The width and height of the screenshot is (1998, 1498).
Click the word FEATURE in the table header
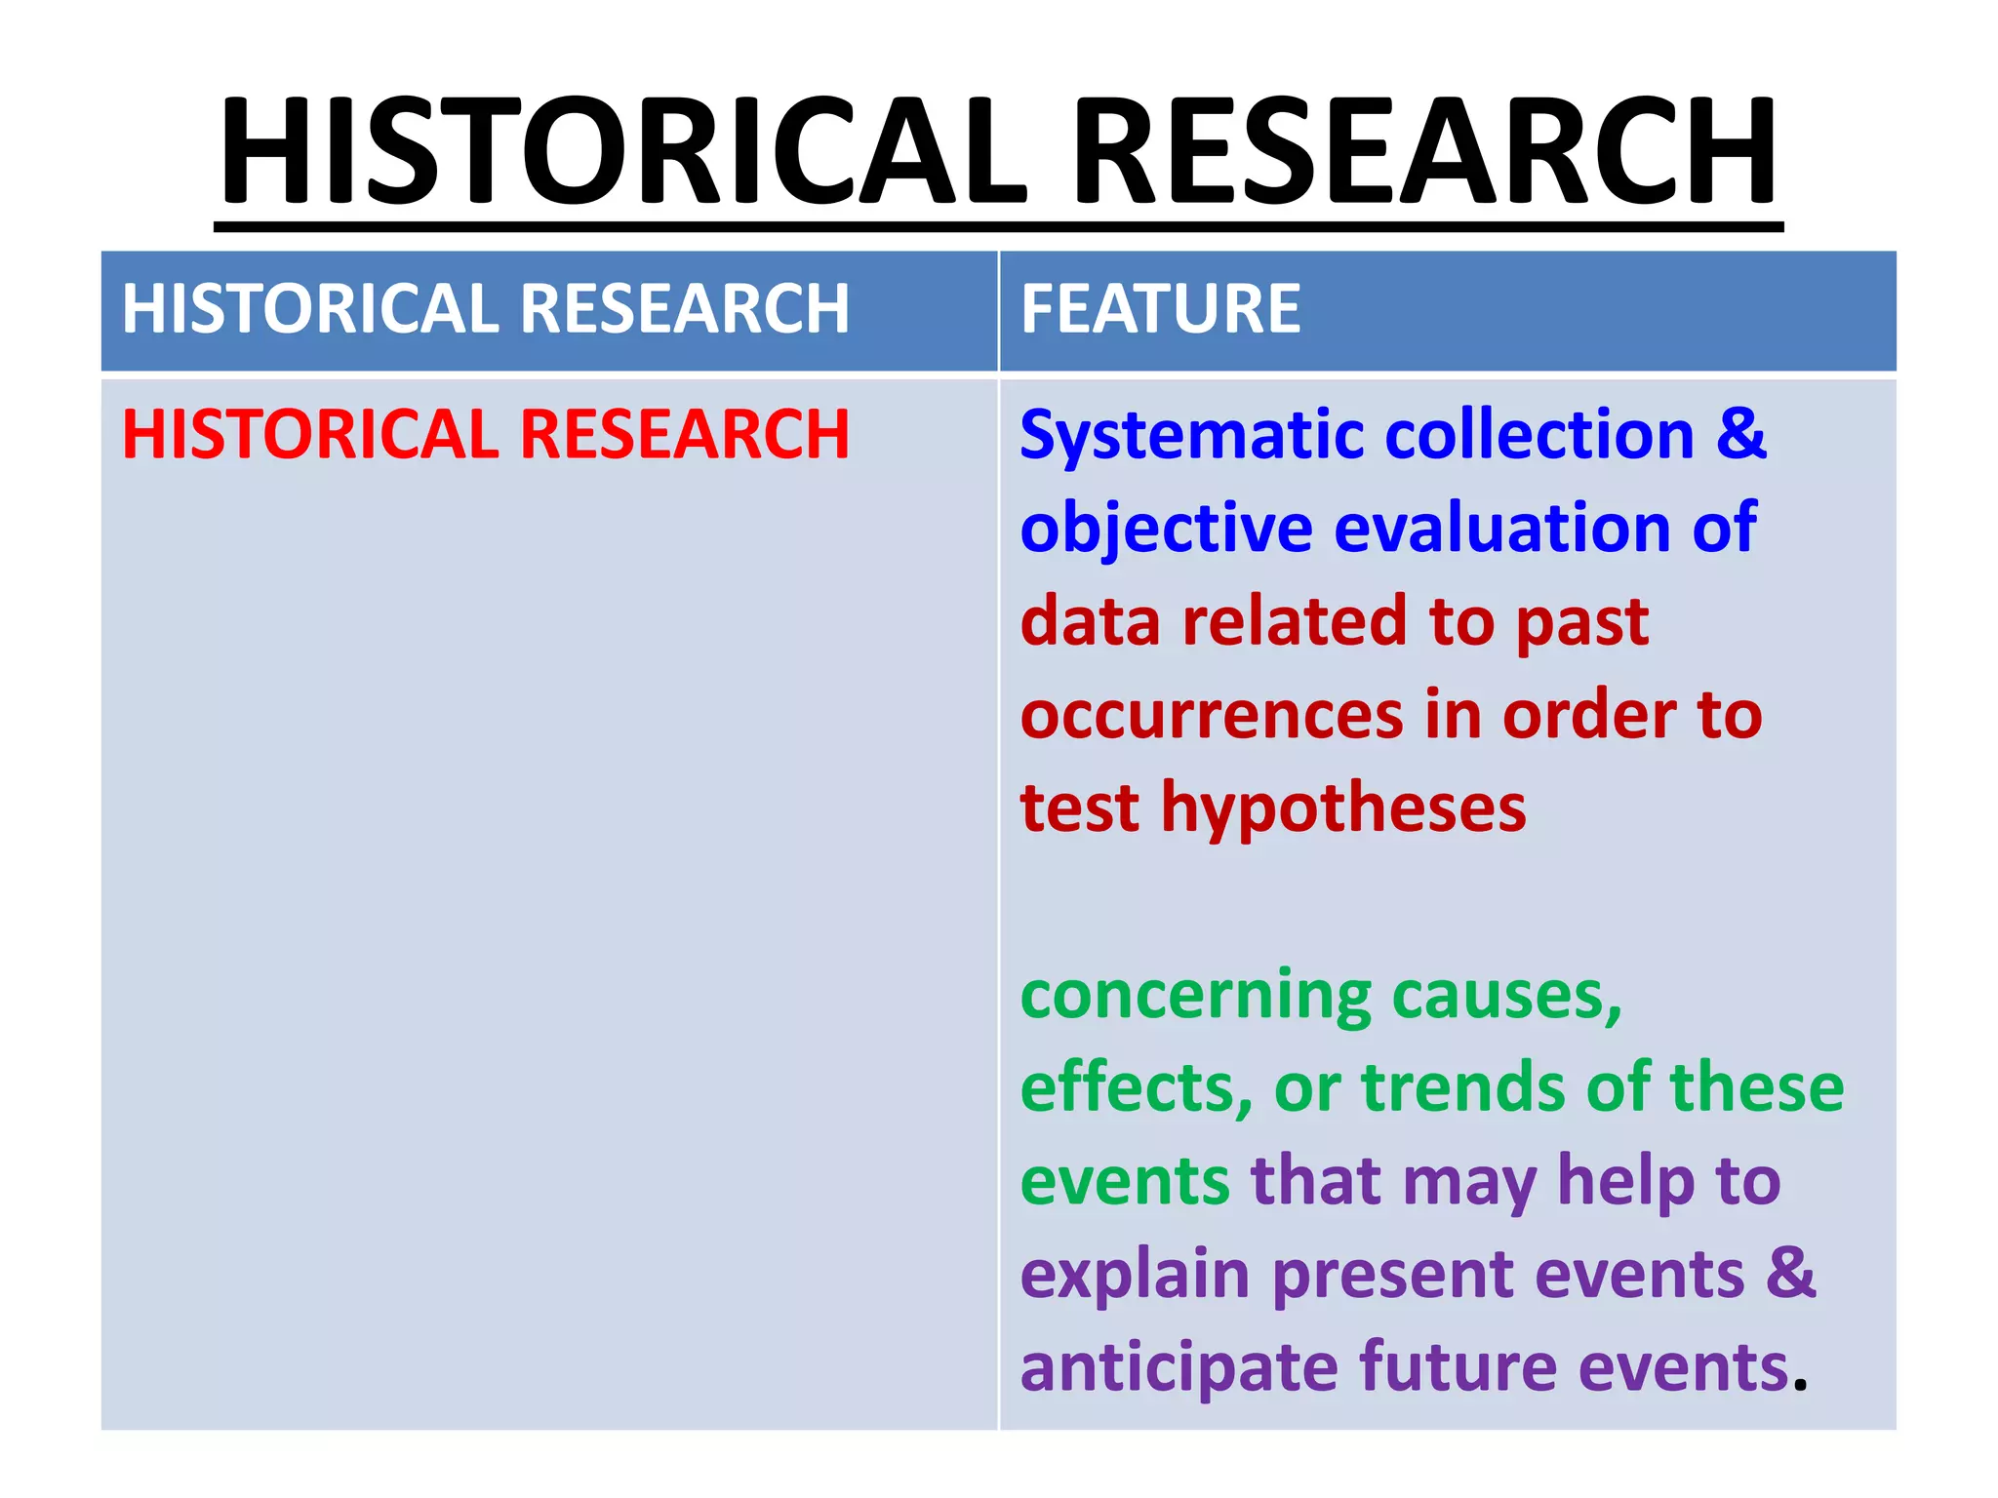(1160, 309)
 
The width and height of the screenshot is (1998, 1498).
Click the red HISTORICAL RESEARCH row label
(486, 434)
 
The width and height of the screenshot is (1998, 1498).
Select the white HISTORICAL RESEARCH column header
(486, 309)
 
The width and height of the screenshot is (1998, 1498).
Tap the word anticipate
(1179, 1368)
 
